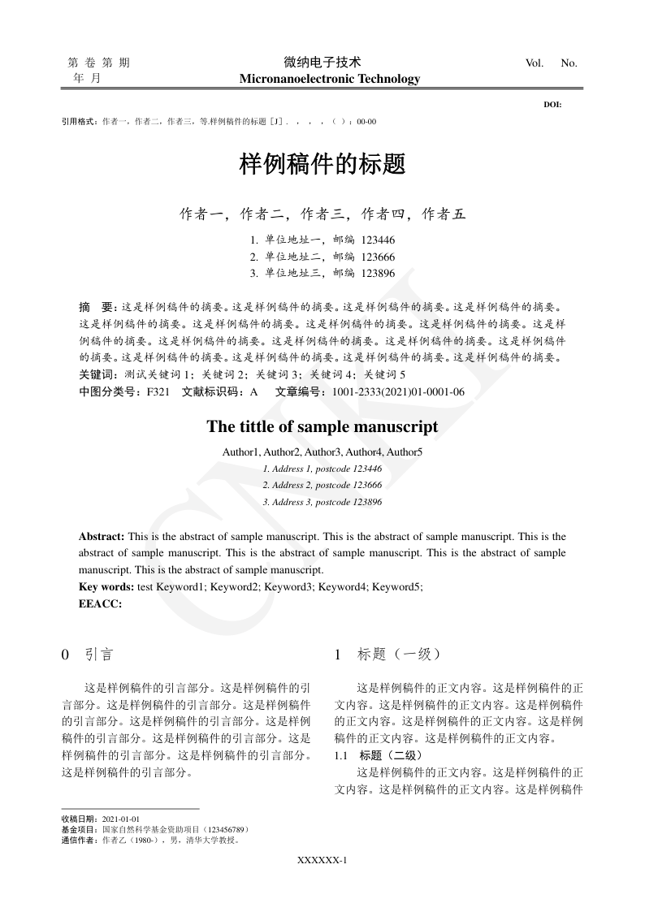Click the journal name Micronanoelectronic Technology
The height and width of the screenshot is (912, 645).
click(330, 79)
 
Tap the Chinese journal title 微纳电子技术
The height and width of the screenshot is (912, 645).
click(322, 62)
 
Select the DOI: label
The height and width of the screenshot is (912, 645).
click(552, 105)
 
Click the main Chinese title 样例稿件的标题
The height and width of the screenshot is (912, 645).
click(322, 165)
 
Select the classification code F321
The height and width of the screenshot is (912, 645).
click(158, 391)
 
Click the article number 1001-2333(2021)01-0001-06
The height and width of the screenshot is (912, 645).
click(404, 391)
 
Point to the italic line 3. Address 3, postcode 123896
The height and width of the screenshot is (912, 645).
click(322, 502)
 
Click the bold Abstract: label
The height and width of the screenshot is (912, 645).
click(102, 537)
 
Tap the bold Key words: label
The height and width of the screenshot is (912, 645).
click(106, 586)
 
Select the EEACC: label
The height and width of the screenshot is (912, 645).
click(100, 603)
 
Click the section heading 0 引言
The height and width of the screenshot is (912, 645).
click(87, 654)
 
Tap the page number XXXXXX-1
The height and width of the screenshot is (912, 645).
click(322, 860)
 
